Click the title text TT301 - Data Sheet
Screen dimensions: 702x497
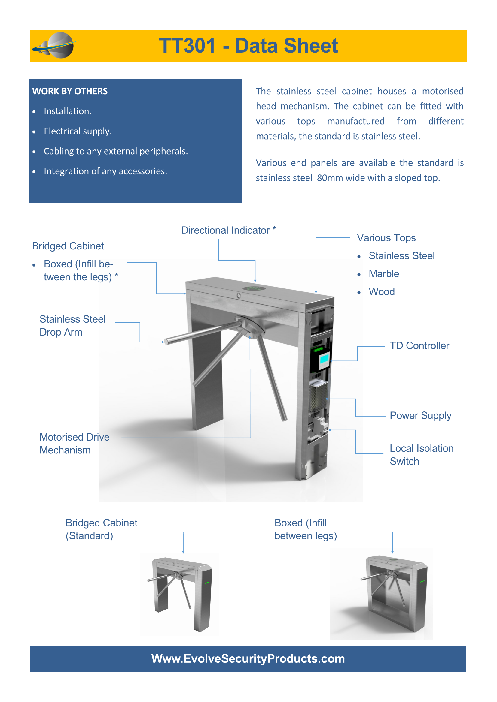click(248, 46)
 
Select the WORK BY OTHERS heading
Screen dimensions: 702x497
click(70, 91)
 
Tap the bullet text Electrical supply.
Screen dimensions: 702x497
click(78, 131)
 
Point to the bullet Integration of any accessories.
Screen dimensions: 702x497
click(105, 171)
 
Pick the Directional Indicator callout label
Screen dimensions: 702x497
click(228, 230)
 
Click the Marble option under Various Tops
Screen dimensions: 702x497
click(384, 274)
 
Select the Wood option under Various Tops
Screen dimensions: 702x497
click(382, 292)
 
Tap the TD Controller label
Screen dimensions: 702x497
click(419, 345)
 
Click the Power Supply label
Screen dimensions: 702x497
click(420, 415)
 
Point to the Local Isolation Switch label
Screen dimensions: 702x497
click(421, 455)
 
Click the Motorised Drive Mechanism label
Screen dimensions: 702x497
click(74, 444)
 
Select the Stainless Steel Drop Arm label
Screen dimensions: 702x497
click(72, 326)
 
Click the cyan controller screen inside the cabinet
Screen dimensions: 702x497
click(324, 358)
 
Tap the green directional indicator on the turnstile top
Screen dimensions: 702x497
click(254, 288)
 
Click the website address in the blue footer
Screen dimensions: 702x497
click(248, 658)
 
